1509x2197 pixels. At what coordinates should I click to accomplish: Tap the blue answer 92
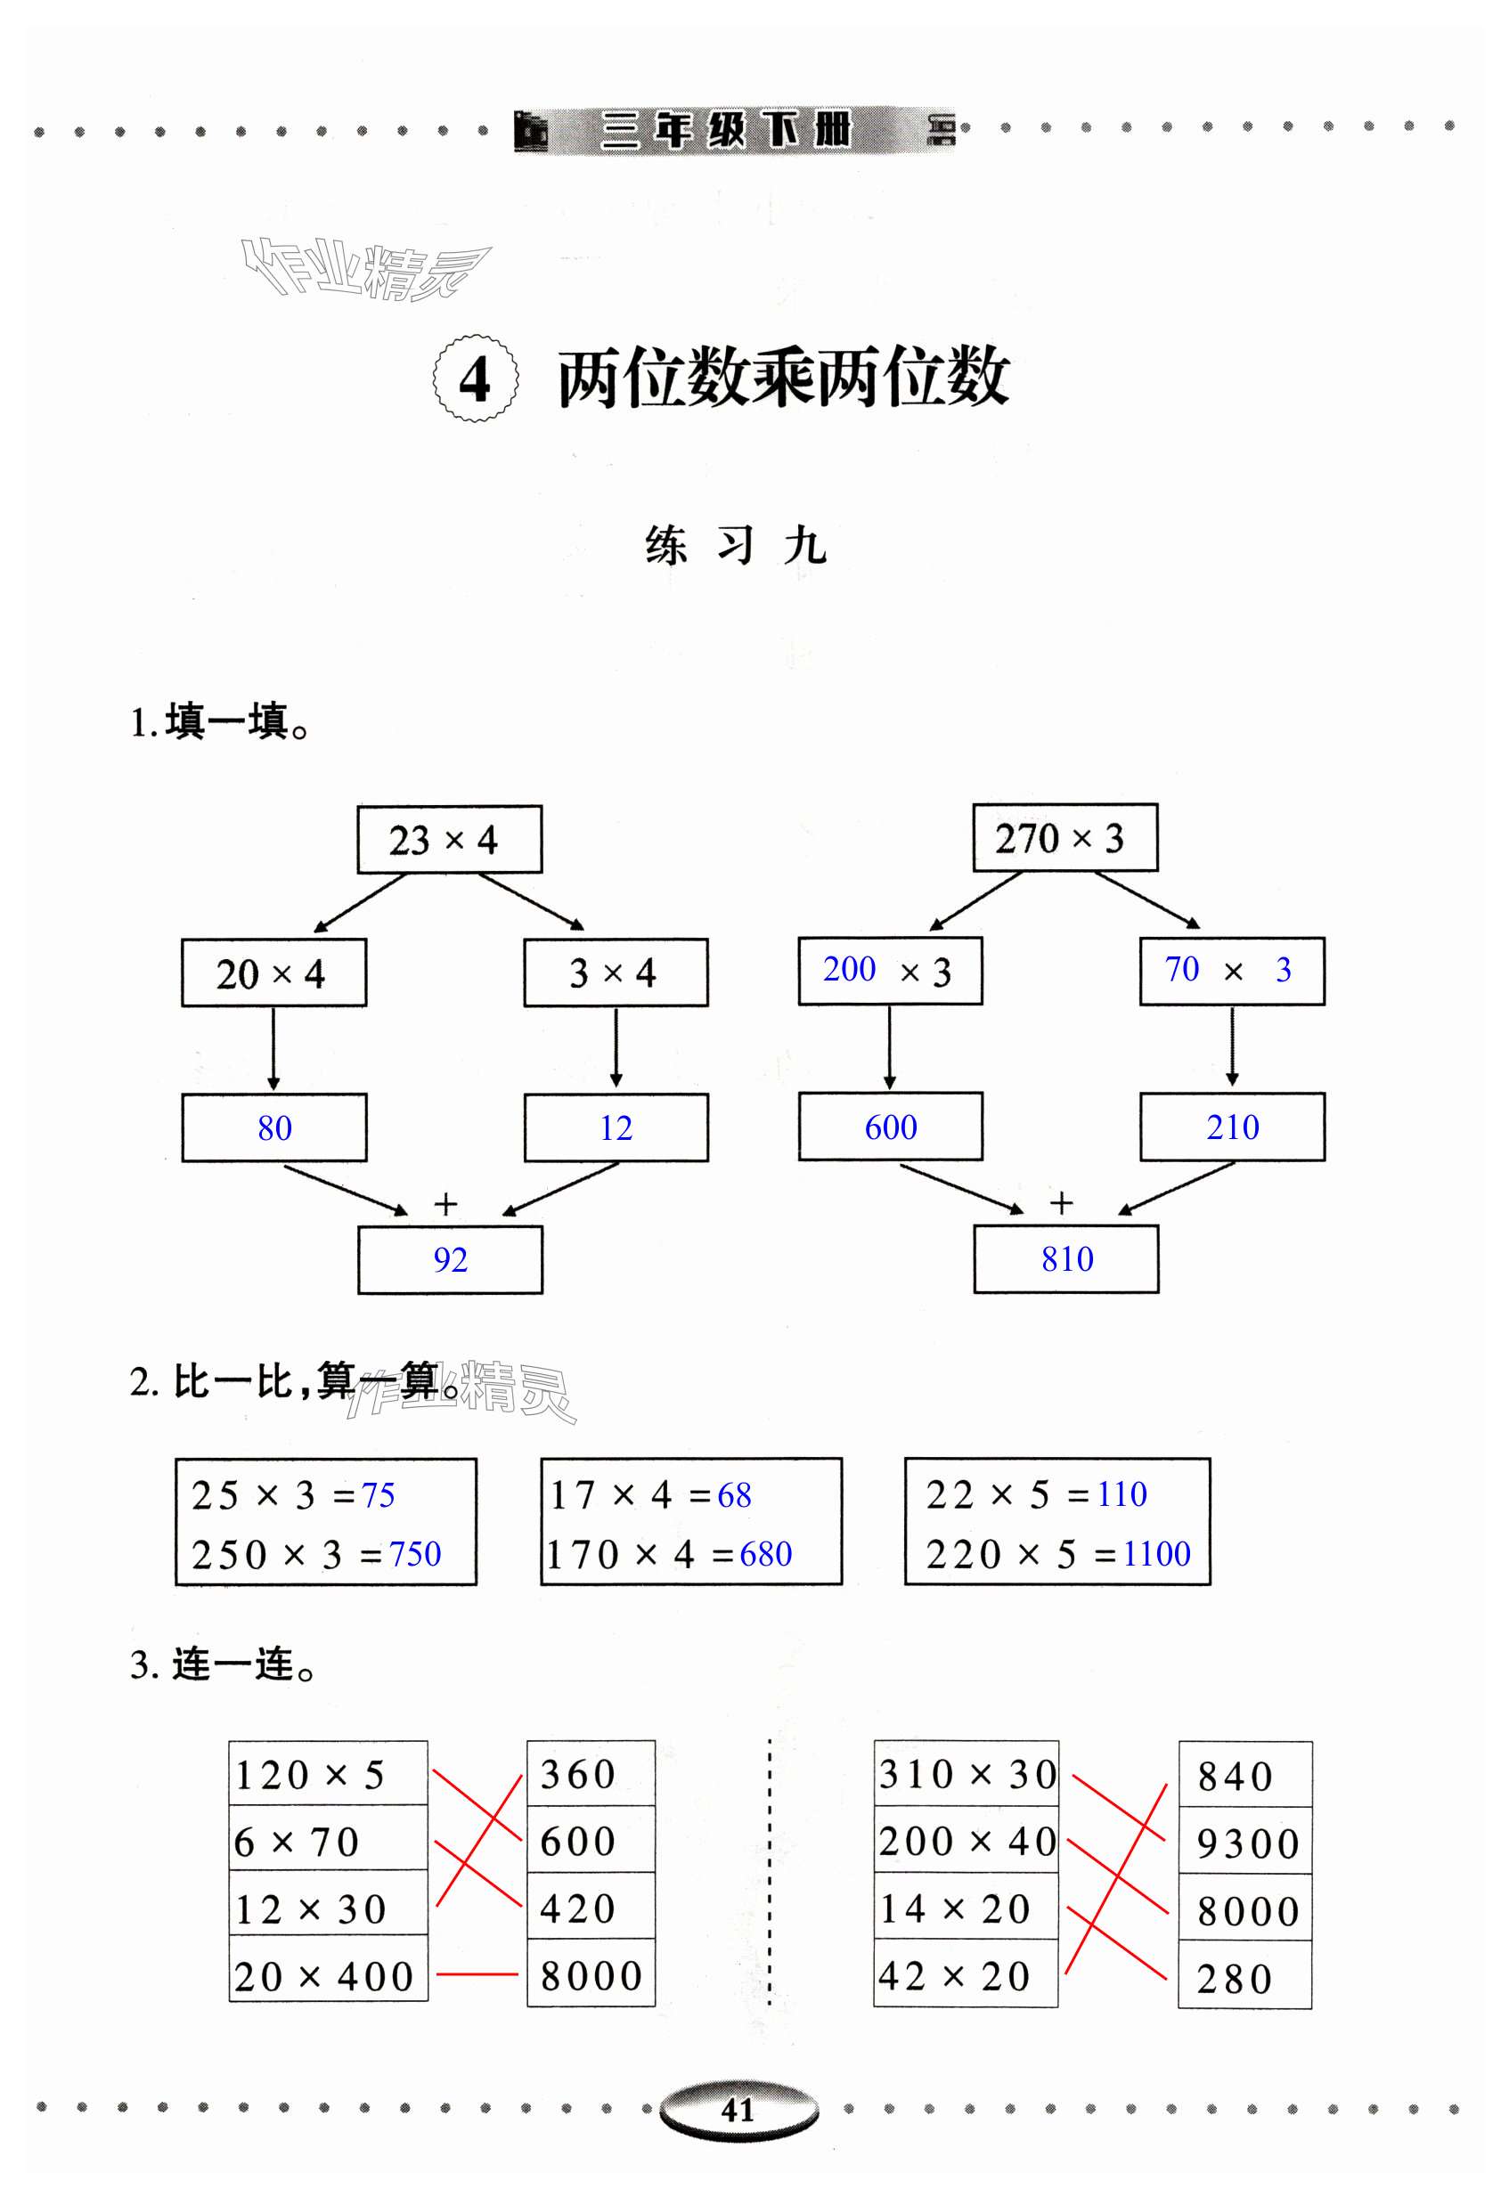tap(450, 1259)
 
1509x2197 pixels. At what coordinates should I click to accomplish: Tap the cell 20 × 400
tap(328, 1977)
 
